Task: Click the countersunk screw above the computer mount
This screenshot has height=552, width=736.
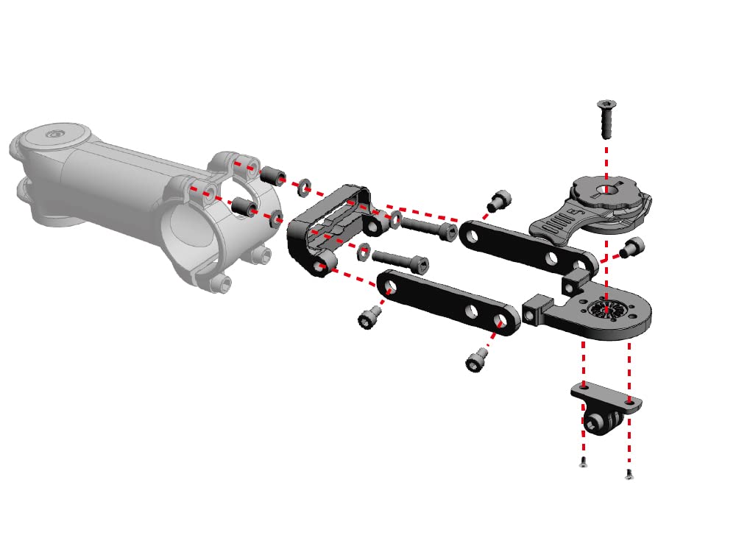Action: (x=607, y=118)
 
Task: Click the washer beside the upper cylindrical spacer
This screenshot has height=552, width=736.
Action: (x=302, y=188)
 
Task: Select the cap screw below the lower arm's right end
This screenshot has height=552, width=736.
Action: (x=476, y=361)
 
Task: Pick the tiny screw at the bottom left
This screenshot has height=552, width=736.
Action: (x=584, y=462)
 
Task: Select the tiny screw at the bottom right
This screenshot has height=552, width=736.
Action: (x=629, y=475)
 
